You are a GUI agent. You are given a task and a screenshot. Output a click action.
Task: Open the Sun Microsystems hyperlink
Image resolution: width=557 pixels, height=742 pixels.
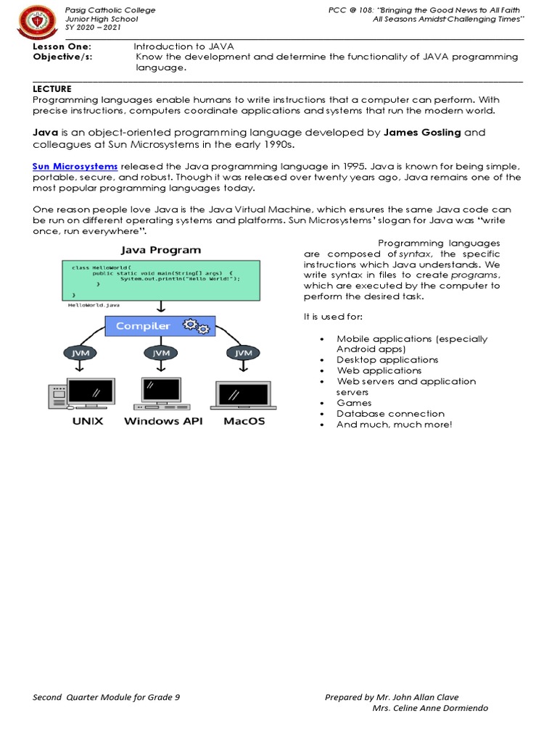pos(75,167)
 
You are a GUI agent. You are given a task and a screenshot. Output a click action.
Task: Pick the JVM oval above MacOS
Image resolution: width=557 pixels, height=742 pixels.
pos(243,353)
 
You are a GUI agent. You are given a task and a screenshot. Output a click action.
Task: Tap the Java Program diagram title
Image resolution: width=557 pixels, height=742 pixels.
pos(160,250)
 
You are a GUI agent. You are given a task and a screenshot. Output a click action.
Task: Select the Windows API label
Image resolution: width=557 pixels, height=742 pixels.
pos(162,421)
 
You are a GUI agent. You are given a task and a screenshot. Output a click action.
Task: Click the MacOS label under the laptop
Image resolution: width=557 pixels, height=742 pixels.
pos(244,421)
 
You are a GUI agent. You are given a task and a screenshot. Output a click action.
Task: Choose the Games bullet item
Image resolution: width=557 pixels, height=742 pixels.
pos(354,403)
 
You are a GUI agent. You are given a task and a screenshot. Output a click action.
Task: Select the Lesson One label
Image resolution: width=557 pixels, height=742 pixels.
pos(62,46)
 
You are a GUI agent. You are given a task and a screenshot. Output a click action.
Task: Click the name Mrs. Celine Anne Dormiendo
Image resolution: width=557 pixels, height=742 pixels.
pos(429,708)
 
